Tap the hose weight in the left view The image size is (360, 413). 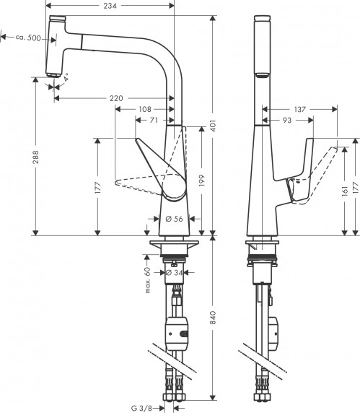tap(177, 334)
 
